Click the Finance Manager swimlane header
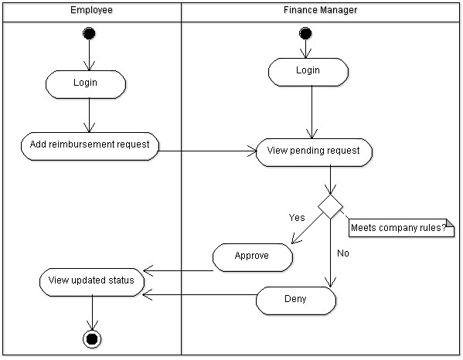click(x=320, y=11)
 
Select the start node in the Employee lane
click(x=90, y=33)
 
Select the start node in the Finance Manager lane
click(x=305, y=33)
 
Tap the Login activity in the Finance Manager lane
click(x=307, y=71)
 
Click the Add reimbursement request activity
click(x=89, y=144)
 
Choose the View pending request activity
click(x=313, y=151)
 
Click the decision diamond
click(x=331, y=206)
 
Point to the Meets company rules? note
click(x=402, y=228)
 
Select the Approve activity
click(x=252, y=256)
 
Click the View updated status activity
click(x=91, y=280)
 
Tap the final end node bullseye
click(x=93, y=338)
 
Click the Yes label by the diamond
click(x=296, y=217)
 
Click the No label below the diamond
click(x=344, y=253)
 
